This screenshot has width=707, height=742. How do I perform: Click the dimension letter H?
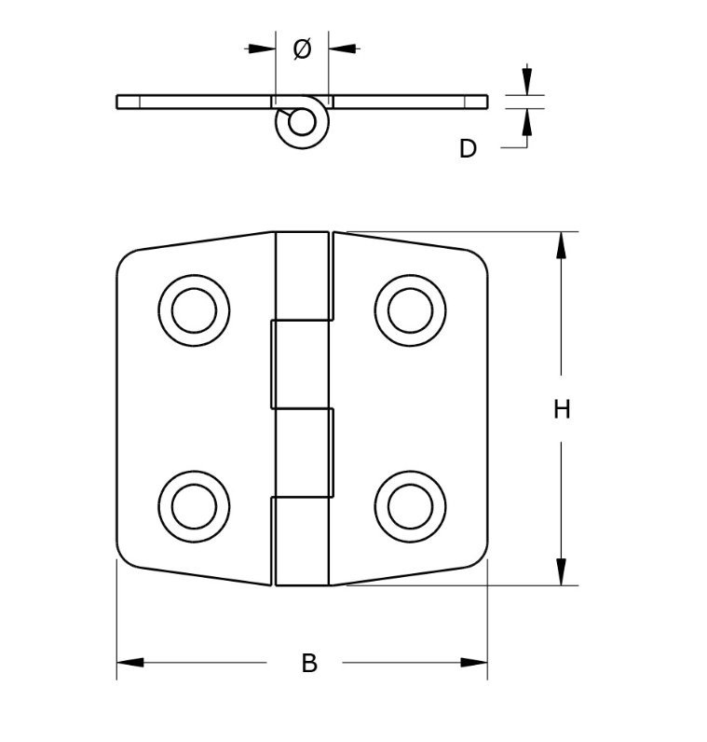click(561, 409)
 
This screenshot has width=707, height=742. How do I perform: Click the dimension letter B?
click(309, 664)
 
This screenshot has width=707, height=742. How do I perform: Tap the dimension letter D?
click(468, 148)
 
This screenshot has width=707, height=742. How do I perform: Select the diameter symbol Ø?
click(302, 49)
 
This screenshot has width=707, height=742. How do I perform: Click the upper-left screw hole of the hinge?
click(194, 310)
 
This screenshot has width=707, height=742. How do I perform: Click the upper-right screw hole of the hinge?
click(410, 310)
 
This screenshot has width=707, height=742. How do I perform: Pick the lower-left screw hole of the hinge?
click(194, 505)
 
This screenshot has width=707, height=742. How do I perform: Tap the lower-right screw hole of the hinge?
click(410, 505)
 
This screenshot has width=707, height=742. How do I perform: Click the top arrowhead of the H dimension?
click(561, 244)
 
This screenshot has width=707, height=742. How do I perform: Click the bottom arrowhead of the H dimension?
click(561, 572)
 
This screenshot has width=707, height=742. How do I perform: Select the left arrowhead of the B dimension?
click(130, 663)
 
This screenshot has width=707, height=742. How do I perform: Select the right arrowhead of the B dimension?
click(474, 663)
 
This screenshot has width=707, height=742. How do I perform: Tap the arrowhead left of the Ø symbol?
click(263, 48)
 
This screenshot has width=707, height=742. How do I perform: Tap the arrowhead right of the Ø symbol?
click(342, 48)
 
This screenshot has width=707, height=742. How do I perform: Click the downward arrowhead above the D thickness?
click(526, 81)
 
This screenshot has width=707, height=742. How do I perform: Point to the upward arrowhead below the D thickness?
click(526, 122)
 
